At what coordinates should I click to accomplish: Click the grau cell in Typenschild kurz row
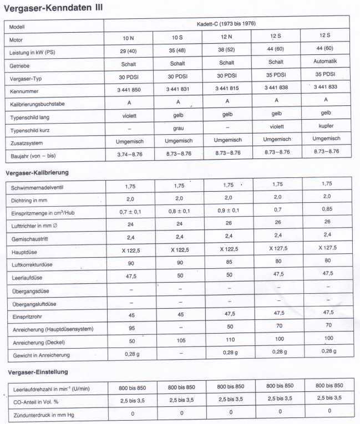click(178, 128)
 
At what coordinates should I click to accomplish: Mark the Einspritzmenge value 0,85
click(328, 210)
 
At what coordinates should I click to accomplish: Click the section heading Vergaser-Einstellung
click(39, 372)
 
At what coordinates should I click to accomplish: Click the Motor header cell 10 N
click(129, 39)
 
